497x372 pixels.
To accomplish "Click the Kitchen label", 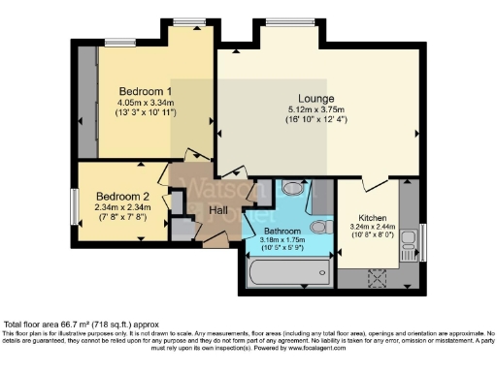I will pos(373,219).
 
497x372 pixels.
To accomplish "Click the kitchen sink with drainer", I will pos(409,240).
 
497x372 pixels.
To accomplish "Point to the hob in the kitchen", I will pos(377,278).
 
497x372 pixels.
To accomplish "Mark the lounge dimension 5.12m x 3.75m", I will pos(316,110).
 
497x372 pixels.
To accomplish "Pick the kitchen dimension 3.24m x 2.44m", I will pos(373,229).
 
